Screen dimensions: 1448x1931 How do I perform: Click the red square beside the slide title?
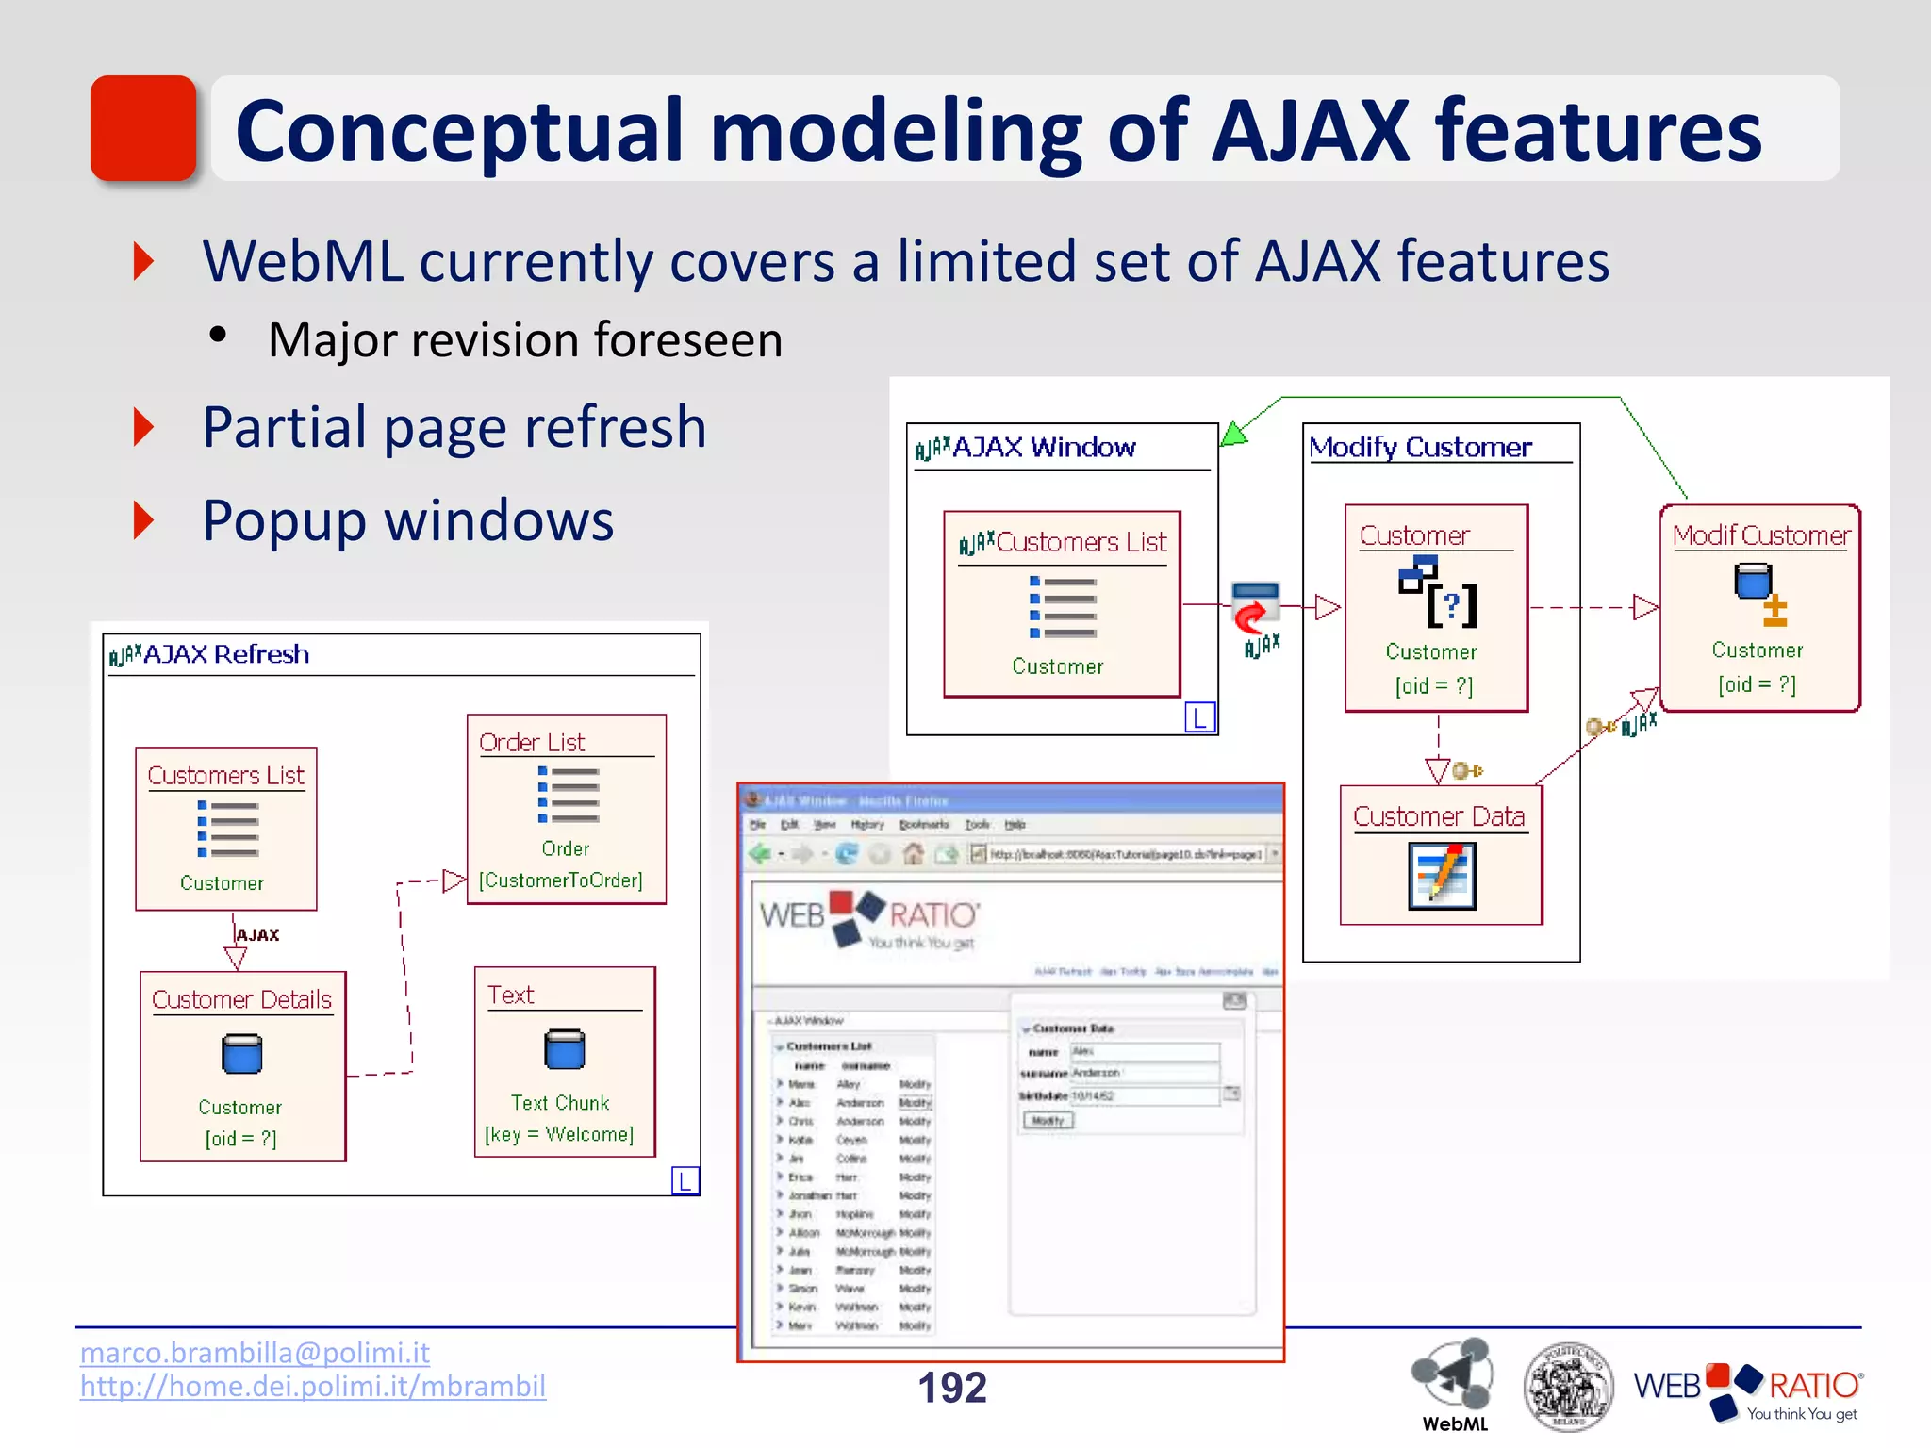pos(143,128)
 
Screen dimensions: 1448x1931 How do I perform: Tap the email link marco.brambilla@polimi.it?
pos(255,1352)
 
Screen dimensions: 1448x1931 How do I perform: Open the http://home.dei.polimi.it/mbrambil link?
pos(312,1386)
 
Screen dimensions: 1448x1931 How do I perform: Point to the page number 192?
pos(951,1388)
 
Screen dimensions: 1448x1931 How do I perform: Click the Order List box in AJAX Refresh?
pos(566,809)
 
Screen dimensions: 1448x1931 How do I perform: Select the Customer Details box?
pos(242,1066)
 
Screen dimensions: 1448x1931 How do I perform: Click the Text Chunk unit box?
pos(564,1061)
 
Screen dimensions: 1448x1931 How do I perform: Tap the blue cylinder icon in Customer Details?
pos(241,1054)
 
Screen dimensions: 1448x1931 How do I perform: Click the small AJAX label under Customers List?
pos(257,935)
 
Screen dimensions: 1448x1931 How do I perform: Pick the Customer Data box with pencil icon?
pos(1441,855)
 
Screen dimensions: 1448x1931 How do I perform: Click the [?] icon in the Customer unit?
pos(1451,604)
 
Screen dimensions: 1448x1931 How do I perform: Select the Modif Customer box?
pos(1759,608)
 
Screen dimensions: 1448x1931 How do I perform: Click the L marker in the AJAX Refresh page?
pos(685,1180)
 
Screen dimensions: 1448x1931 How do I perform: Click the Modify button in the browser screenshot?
pos(1048,1121)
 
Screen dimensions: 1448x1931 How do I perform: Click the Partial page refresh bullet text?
pos(454,427)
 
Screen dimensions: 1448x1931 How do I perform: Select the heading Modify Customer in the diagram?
pos(1420,447)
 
